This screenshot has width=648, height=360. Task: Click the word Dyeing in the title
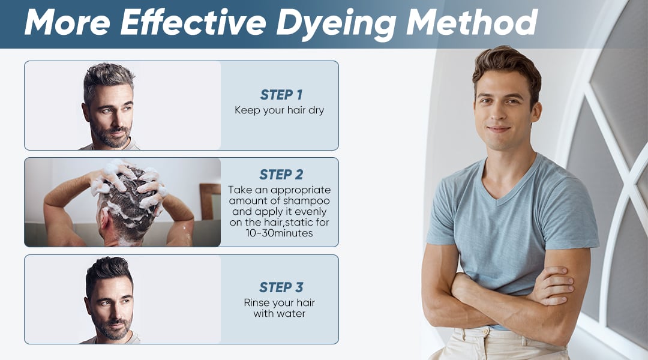coord(336,23)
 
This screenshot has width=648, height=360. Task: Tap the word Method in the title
coord(472,22)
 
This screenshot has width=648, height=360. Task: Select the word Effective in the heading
coord(193,22)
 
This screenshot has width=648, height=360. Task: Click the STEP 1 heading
coord(281,95)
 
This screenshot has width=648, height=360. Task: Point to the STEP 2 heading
coord(281,175)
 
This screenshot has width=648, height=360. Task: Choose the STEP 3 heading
coord(281,287)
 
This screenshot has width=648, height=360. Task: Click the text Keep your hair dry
coord(280,110)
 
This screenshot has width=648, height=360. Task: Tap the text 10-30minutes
coord(280,233)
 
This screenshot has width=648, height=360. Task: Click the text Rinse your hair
coord(280,303)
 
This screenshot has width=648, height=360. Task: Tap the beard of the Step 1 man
coord(111,136)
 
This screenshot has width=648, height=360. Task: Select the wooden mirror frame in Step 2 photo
coord(210,201)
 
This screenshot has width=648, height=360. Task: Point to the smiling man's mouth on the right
coord(499,129)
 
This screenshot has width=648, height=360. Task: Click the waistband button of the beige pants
coord(485,332)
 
